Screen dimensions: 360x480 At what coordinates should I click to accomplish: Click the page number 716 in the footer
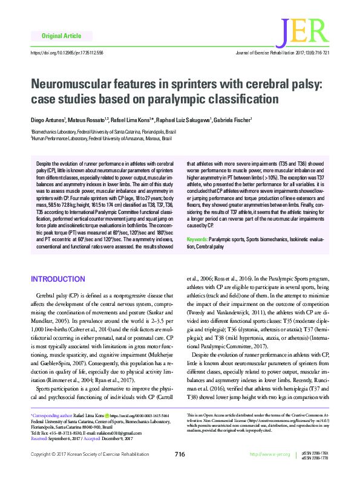[179, 455]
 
